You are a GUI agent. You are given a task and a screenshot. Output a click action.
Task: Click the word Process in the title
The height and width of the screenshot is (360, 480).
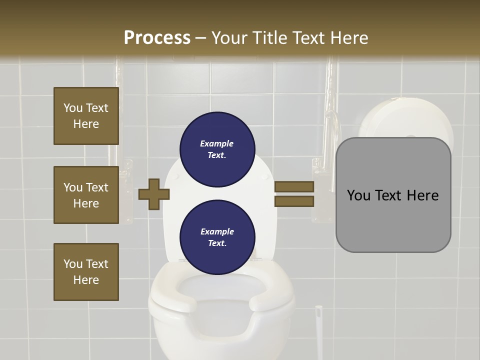[157, 38]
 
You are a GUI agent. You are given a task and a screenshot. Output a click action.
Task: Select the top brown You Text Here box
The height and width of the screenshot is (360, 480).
[86, 116]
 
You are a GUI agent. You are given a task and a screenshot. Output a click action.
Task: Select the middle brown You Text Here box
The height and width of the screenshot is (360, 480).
[86, 195]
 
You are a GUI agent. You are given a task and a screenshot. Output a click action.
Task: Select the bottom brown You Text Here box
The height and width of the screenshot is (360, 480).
[86, 271]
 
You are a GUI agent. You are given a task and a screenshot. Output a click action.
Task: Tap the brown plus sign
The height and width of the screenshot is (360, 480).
[154, 194]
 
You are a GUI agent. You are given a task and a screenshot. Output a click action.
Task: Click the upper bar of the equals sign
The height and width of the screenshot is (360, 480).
[294, 187]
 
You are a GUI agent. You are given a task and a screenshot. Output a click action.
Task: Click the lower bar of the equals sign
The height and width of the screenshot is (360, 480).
[294, 201]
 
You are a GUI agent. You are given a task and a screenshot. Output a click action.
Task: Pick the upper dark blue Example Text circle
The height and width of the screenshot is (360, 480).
[217, 149]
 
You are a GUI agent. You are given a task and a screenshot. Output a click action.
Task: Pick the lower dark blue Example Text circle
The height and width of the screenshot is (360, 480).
[217, 237]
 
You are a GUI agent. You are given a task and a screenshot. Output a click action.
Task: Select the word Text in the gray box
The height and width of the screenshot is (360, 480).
[392, 195]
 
